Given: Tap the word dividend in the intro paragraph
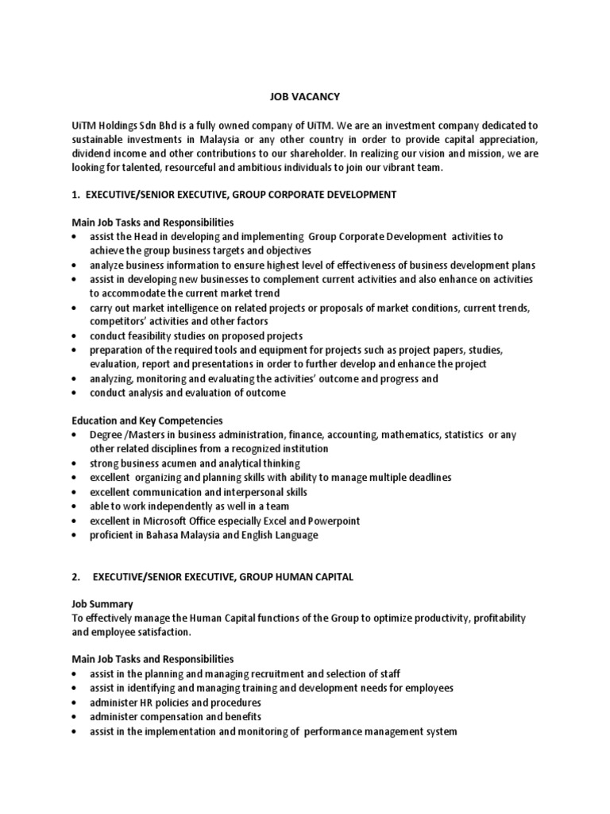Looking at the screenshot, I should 92,154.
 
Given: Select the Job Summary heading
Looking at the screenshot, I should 102,604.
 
